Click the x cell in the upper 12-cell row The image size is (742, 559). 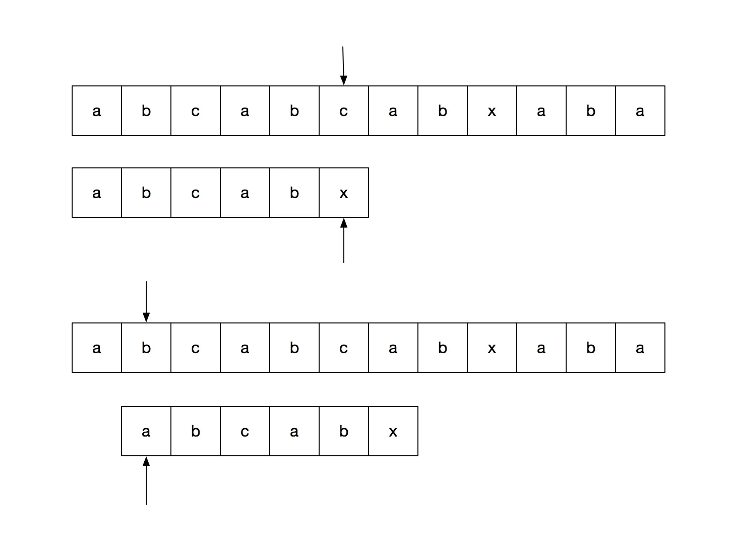point(492,111)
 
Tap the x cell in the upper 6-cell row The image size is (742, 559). point(344,193)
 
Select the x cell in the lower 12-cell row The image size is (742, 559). point(492,348)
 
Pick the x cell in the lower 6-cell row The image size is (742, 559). point(393,431)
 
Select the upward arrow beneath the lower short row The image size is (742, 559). point(146,481)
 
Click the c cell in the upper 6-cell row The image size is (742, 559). point(196,193)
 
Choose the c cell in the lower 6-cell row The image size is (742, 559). point(245,431)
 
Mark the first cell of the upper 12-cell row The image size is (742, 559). point(97,111)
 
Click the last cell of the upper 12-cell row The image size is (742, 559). point(640,111)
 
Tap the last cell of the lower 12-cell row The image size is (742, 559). point(640,348)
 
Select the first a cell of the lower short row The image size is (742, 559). point(146,431)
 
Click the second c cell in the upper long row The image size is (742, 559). point(344,111)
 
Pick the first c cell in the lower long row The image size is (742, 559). point(196,348)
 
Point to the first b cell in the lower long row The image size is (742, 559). point(146,348)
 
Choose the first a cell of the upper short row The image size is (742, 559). point(97,193)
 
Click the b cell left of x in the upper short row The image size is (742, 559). point(294,193)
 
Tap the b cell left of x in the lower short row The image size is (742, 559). point(344,431)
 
